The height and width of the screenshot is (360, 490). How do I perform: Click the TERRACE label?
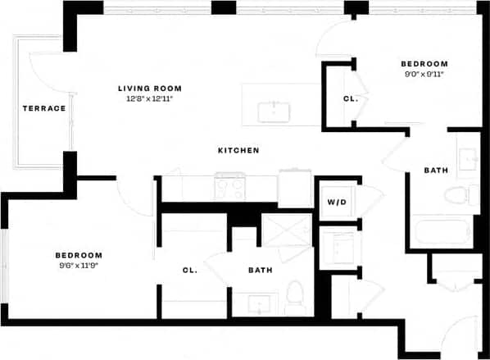click(44, 108)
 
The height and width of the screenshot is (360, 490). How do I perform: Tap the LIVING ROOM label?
click(149, 88)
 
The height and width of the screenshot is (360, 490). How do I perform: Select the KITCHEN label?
click(238, 151)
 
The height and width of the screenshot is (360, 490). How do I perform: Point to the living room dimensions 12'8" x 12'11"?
click(149, 98)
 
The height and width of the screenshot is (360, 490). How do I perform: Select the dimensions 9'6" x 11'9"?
click(79, 266)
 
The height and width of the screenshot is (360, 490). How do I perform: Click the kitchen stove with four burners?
click(229, 188)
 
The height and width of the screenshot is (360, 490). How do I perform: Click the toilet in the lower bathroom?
click(296, 292)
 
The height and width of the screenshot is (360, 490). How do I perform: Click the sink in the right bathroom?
click(467, 159)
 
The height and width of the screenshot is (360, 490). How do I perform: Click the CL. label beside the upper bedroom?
click(349, 99)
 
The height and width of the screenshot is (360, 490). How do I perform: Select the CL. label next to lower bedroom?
click(189, 270)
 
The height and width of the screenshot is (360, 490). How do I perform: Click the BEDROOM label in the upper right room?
click(424, 64)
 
